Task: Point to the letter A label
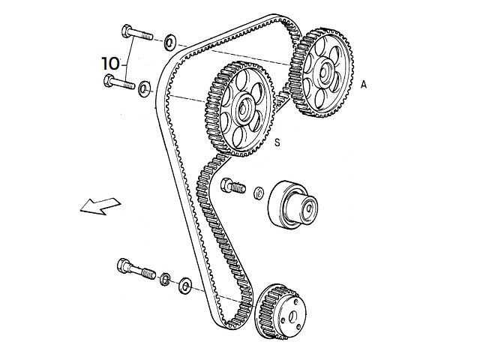point(364,85)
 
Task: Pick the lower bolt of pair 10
point(118,82)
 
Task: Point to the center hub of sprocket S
point(242,109)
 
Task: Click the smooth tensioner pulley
point(291,202)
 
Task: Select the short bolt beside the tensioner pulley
point(233,184)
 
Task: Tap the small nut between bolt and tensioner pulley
point(258,193)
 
